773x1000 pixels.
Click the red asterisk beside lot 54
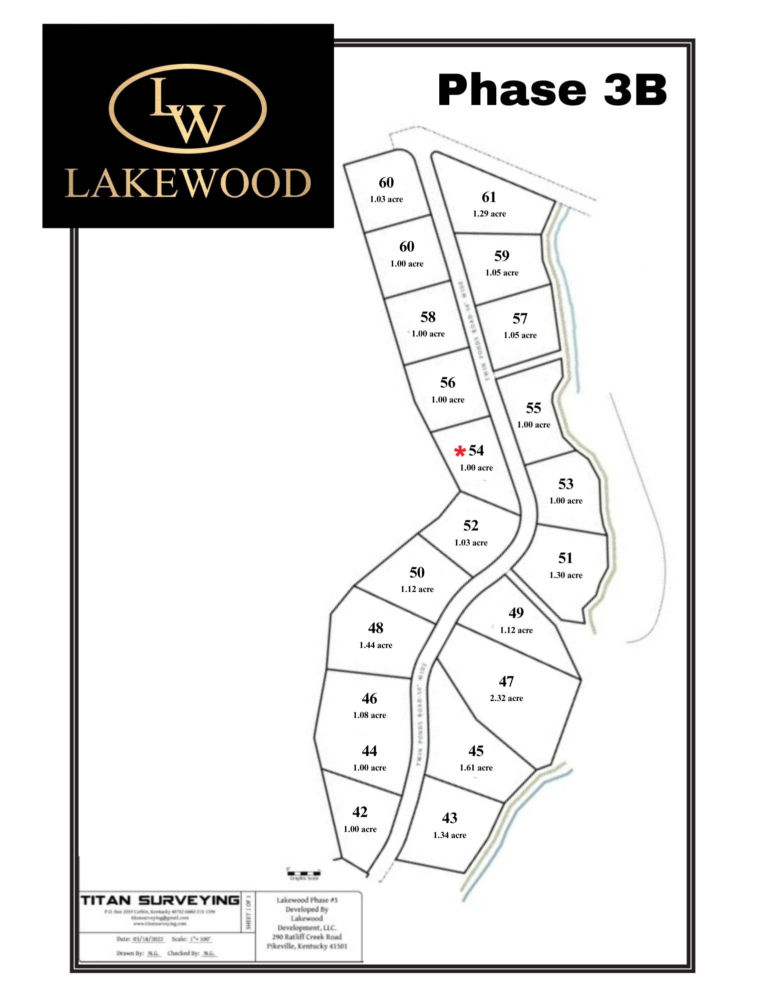tap(459, 452)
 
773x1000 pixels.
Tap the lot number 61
tap(489, 197)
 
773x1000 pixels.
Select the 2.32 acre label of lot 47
tap(506, 698)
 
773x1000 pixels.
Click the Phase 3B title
tap(552, 90)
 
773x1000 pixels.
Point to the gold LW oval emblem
tap(188, 108)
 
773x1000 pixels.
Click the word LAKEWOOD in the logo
tap(188, 183)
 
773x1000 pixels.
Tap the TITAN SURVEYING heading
tap(160, 900)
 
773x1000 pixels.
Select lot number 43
tap(449, 818)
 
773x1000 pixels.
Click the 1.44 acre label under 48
tap(376, 645)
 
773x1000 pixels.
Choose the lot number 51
tap(565, 558)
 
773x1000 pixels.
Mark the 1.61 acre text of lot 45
tap(476, 768)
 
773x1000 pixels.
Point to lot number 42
tap(360, 812)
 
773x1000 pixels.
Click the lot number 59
tap(502, 256)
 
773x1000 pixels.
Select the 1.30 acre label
tap(566, 575)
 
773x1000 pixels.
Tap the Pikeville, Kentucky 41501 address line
tap(307, 946)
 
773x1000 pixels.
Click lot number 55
tap(533, 408)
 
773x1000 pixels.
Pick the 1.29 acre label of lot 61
tap(489, 214)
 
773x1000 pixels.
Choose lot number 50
tap(417, 572)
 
